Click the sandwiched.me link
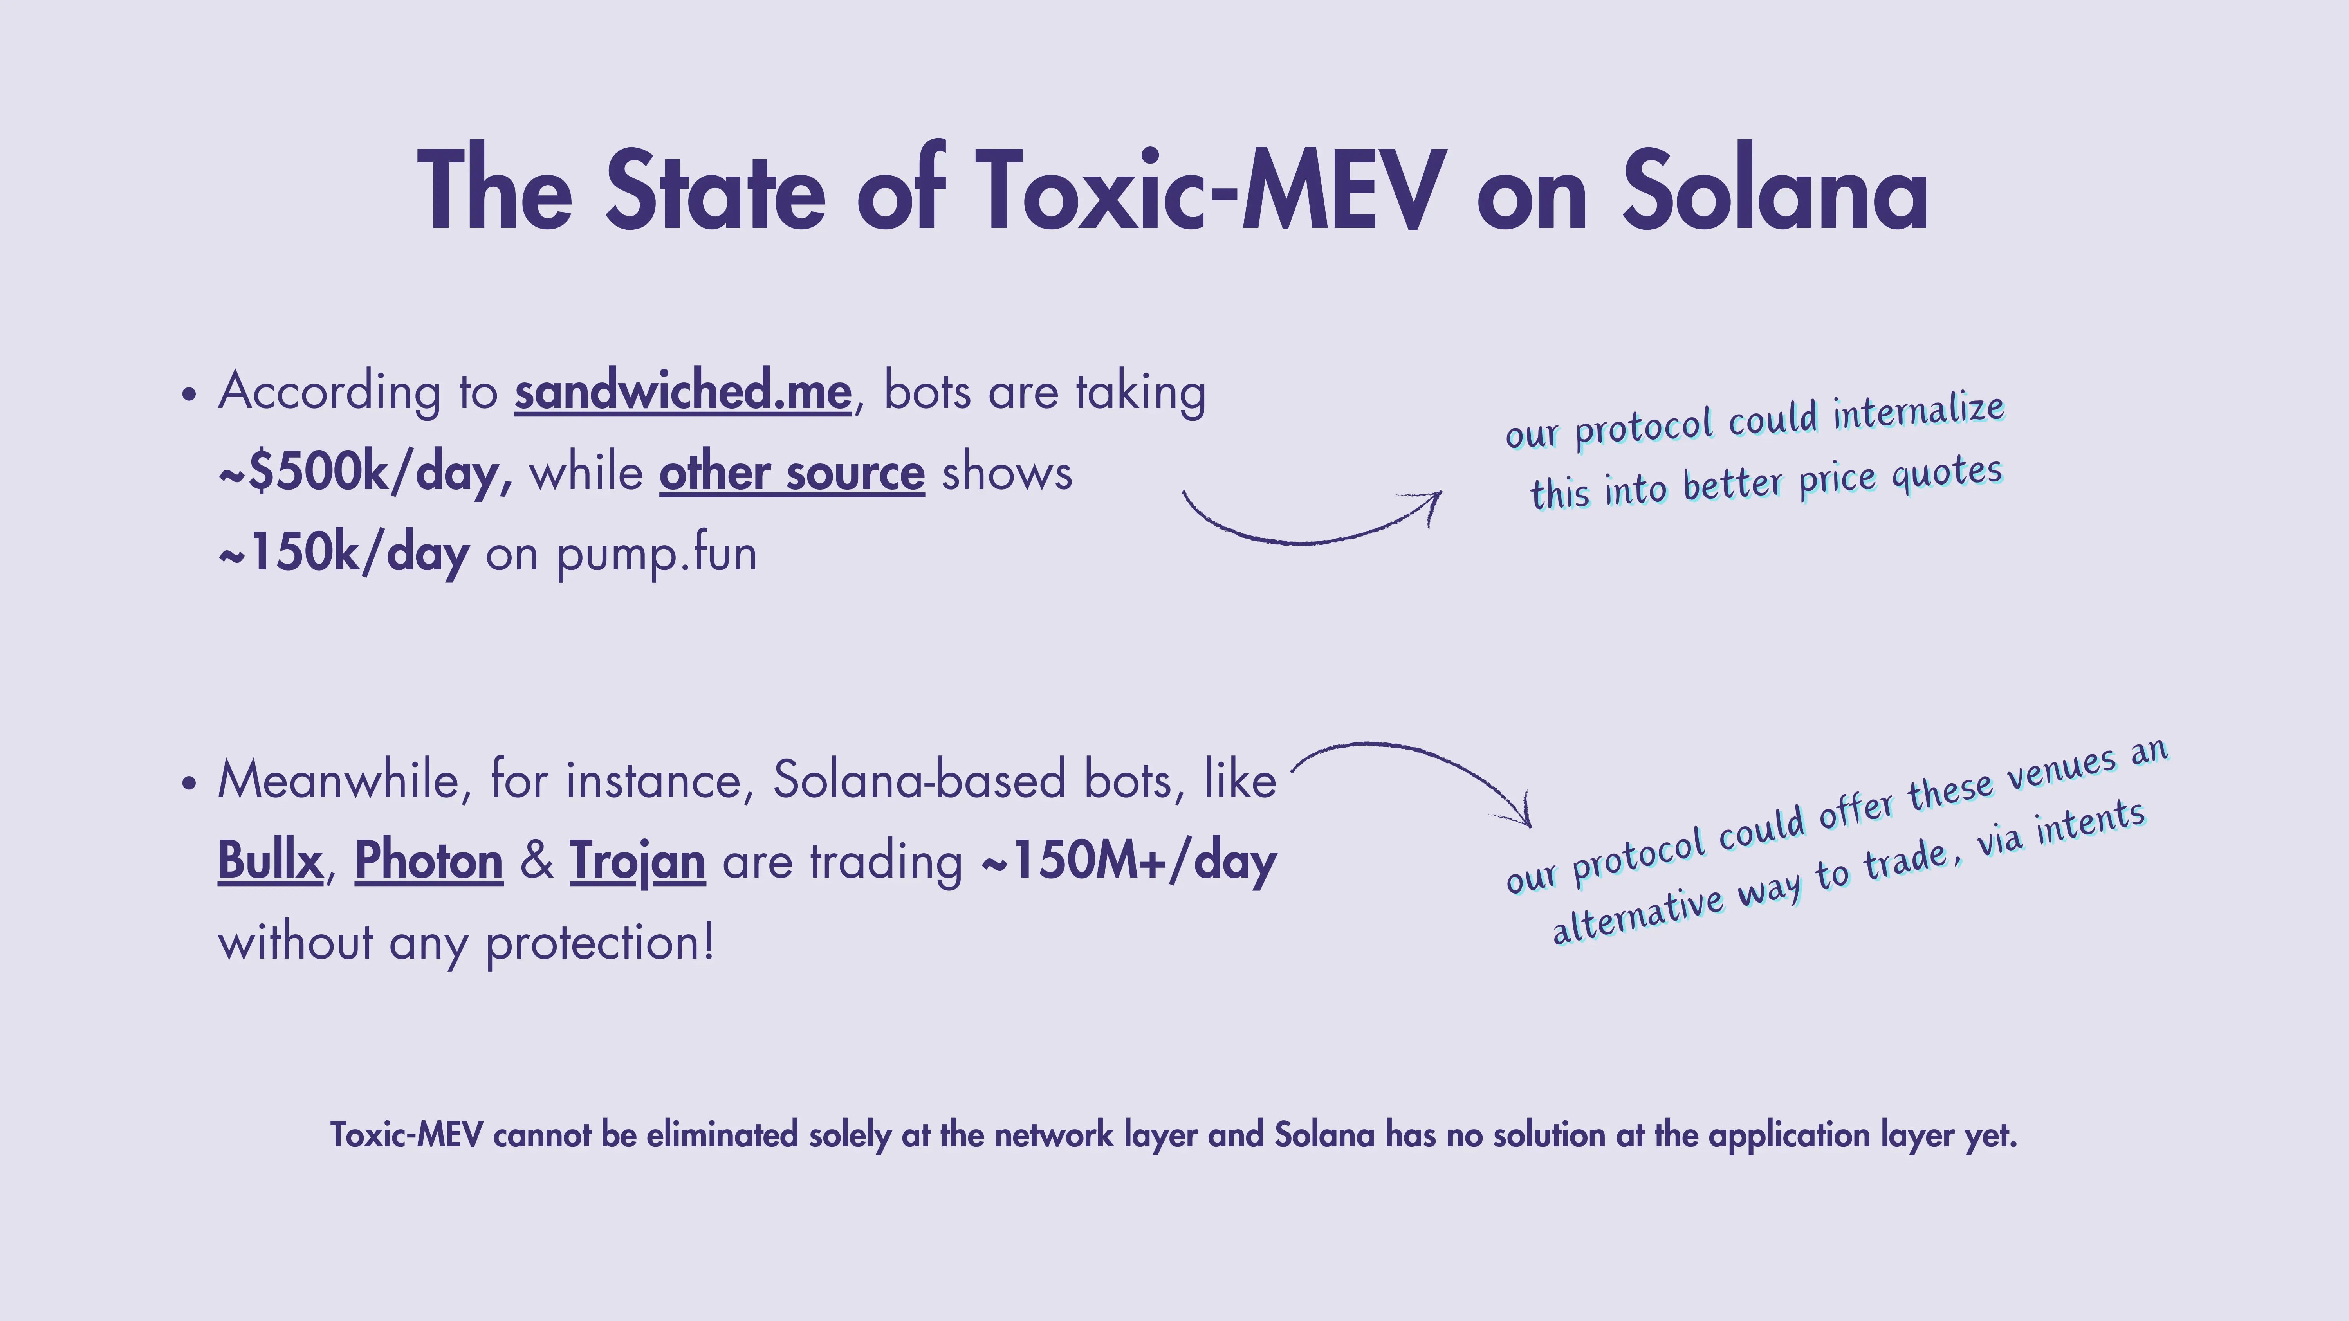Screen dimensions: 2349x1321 pos(683,392)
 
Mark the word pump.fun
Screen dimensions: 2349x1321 pos(657,553)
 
